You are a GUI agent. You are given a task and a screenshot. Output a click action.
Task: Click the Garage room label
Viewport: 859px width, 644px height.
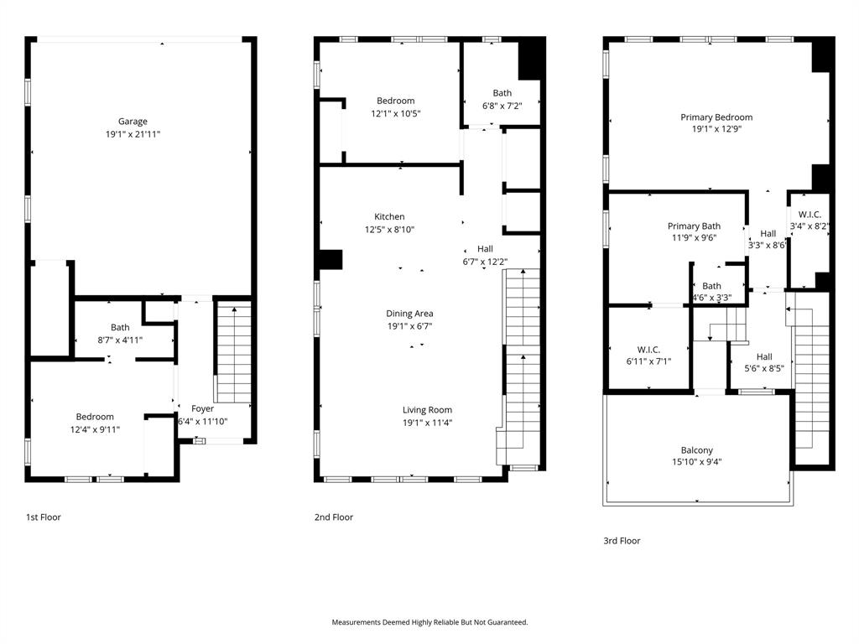click(133, 122)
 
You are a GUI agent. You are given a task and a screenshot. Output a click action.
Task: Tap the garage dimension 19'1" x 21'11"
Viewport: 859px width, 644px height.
click(133, 134)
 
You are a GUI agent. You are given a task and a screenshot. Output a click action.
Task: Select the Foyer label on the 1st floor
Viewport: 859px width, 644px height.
click(202, 409)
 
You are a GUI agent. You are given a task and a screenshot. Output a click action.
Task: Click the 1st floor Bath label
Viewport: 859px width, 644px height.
click(120, 328)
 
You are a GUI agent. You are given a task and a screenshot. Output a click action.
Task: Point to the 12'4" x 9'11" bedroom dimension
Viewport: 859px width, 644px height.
click(95, 429)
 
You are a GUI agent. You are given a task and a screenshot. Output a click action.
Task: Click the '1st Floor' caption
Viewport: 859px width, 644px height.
click(44, 517)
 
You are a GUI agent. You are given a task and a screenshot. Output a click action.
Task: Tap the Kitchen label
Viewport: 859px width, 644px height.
click(389, 217)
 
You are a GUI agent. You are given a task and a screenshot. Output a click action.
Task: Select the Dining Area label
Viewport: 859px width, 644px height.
click(409, 314)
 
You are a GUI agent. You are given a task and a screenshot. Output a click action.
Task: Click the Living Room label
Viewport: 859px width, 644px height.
click(427, 410)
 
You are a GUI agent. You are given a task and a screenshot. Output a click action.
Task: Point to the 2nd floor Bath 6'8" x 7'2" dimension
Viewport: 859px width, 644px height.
click(502, 106)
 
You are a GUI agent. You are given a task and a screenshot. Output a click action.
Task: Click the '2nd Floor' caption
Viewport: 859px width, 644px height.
click(334, 517)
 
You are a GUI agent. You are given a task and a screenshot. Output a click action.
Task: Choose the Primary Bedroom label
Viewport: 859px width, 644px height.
click(716, 117)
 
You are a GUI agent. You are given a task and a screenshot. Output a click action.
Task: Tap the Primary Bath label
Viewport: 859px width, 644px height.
click(694, 226)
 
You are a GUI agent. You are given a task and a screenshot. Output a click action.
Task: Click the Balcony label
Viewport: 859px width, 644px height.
click(697, 450)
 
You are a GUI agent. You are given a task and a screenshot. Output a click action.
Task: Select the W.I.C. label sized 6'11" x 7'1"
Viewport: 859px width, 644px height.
click(648, 350)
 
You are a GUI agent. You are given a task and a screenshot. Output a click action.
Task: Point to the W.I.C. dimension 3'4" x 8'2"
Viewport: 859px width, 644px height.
click(810, 226)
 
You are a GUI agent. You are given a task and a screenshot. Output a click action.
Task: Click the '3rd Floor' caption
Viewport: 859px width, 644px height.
click(622, 541)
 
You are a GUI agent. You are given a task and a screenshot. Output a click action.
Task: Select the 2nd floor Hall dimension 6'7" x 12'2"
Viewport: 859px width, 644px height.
click(485, 262)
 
